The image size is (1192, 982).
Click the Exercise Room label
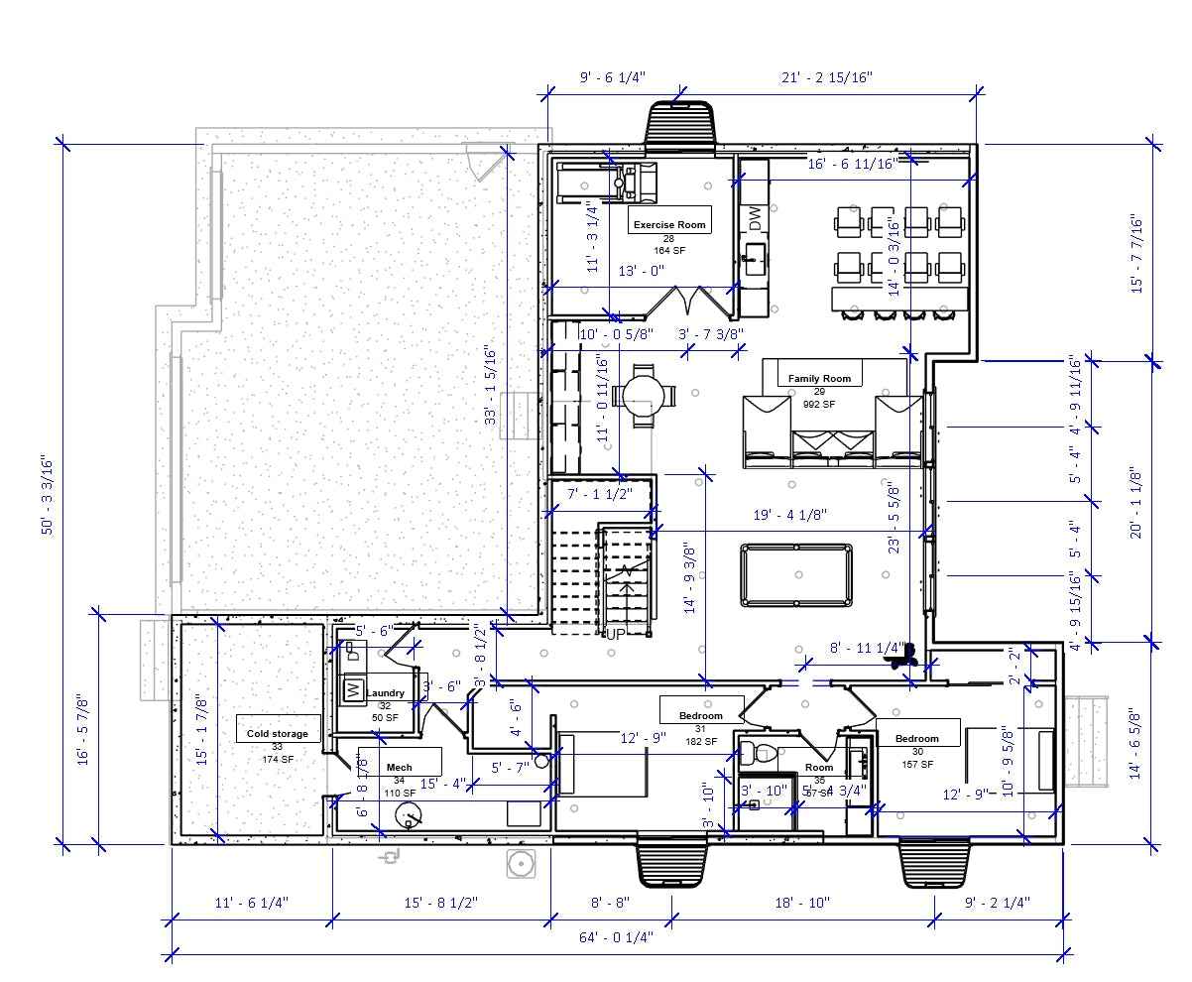point(669,224)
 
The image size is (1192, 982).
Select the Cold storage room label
point(277,734)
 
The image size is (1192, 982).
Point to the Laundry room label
point(385,693)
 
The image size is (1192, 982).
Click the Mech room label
point(399,767)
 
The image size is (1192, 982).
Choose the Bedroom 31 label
point(700,715)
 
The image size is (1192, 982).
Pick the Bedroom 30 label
point(916,738)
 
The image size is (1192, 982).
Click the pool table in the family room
point(795,574)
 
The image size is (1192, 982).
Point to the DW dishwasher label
point(755,218)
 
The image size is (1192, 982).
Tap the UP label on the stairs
point(616,633)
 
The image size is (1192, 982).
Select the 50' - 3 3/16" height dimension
point(46,493)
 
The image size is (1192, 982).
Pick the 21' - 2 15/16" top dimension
point(825,77)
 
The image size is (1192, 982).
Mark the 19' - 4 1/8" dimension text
point(790,514)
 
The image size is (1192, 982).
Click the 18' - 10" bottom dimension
point(801,903)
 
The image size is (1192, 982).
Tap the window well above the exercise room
point(680,123)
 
